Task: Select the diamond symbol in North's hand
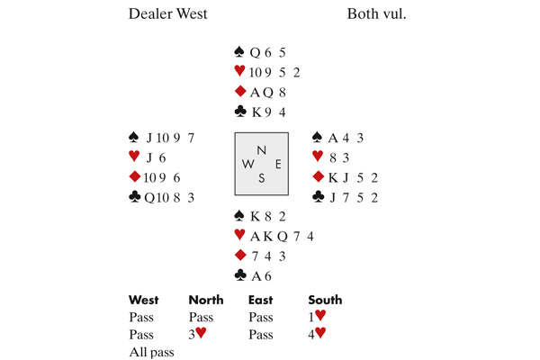pyautogui.click(x=239, y=92)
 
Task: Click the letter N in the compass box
pyautogui.click(x=262, y=150)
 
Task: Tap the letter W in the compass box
pyautogui.click(x=247, y=164)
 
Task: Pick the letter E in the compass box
pyautogui.click(x=278, y=164)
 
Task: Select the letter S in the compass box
pyautogui.click(x=262, y=177)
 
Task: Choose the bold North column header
pyautogui.click(x=205, y=300)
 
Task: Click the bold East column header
pyautogui.click(x=263, y=300)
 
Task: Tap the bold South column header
pyautogui.click(x=325, y=300)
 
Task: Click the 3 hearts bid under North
pyautogui.click(x=200, y=335)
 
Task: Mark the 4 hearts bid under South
pyautogui.click(x=320, y=335)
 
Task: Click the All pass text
pyautogui.click(x=151, y=352)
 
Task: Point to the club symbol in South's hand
pyautogui.click(x=239, y=274)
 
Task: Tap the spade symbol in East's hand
pyautogui.click(x=317, y=138)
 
